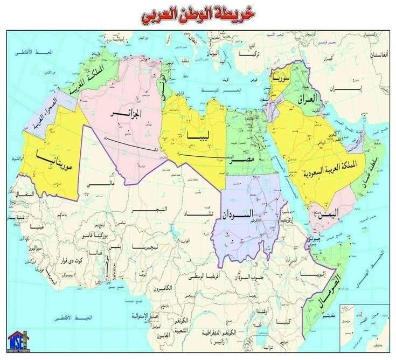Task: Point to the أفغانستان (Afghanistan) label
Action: (379, 56)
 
